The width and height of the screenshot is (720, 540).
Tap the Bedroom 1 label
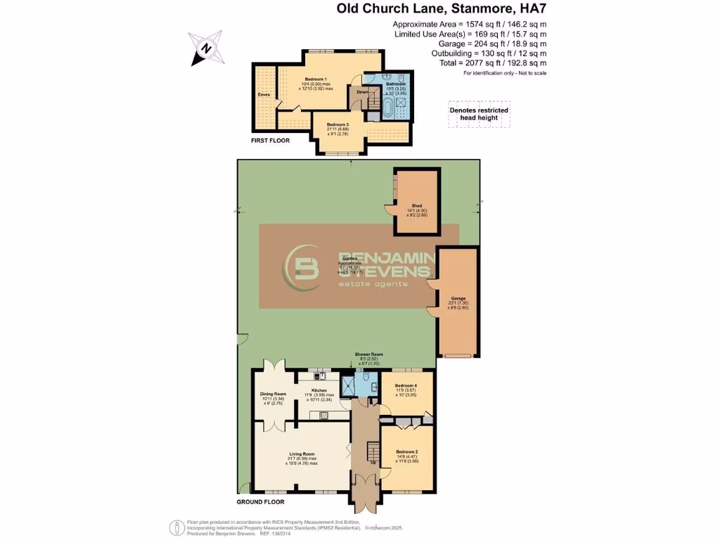click(316, 78)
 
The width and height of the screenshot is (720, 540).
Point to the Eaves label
click(264, 93)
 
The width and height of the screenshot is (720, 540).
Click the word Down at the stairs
click(362, 92)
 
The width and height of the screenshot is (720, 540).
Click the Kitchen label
click(320, 390)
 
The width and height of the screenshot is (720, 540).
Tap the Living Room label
click(302, 454)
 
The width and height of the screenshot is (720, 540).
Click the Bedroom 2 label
click(406, 451)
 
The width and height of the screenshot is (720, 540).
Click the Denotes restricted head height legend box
click(478, 115)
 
